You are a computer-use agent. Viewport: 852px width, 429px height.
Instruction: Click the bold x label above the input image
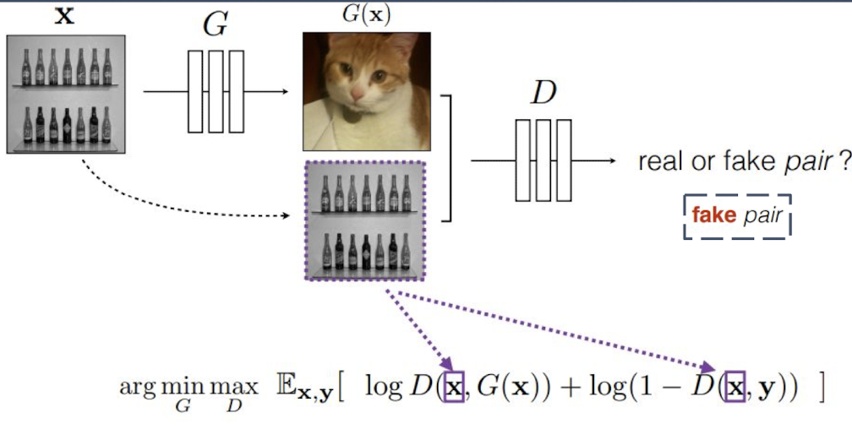pyautogui.click(x=64, y=17)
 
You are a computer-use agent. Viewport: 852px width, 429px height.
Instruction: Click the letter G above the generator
pyautogui.click(x=216, y=26)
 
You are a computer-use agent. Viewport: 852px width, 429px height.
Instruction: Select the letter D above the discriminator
pyautogui.click(x=543, y=94)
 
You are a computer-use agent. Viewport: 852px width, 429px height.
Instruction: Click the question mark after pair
pyautogui.click(x=843, y=160)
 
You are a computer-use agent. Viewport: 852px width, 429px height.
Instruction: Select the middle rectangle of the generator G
pyautogui.click(x=216, y=91)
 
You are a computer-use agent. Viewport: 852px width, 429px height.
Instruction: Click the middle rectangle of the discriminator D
pyautogui.click(x=543, y=160)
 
